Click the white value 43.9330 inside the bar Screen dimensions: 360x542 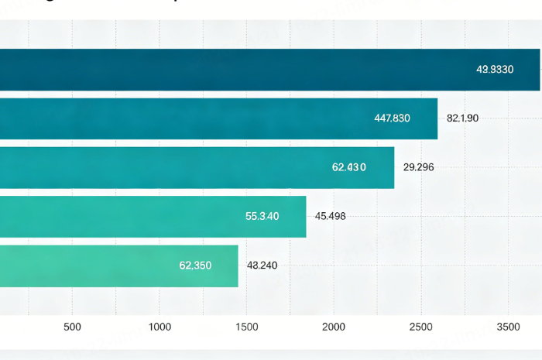(x=495, y=70)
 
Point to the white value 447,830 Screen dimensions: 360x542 (x=392, y=118)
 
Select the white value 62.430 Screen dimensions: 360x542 (x=349, y=167)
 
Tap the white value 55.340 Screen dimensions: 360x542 (x=262, y=216)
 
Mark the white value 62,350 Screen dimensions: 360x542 (x=195, y=266)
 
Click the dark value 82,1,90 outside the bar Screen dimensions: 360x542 (x=463, y=118)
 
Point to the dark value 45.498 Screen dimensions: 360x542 (x=331, y=216)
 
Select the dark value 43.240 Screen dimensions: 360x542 (x=262, y=266)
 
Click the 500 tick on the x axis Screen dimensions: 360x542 (x=72, y=327)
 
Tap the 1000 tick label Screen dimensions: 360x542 (x=160, y=327)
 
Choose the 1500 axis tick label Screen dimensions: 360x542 (x=246, y=327)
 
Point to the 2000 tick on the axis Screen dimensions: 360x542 (x=334, y=327)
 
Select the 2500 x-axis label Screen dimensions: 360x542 (x=421, y=327)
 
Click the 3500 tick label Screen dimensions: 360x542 (x=508, y=327)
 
